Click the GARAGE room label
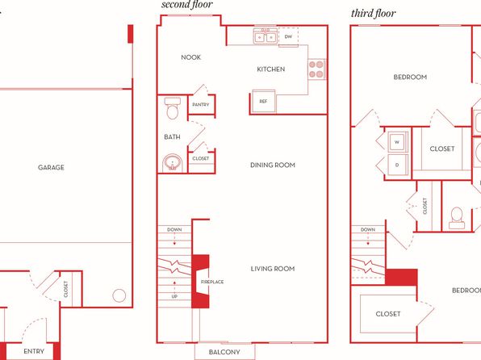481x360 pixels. (51, 168)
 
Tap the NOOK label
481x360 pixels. (190, 57)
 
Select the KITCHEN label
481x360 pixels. (271, 69)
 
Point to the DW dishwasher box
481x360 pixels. (288, 37)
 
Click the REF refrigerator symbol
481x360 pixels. (264, 101)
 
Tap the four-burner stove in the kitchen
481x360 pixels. (316, 69)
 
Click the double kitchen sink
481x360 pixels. (266, 36)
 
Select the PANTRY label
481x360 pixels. (201, 105)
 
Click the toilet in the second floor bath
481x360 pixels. (173, 108)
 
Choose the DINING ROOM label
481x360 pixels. (273, 165)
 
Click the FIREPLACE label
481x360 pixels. (212, 282)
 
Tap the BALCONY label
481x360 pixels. (224, 352)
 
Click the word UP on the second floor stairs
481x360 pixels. (174, 296)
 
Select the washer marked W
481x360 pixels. (398, 142)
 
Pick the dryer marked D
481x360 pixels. (398, 165)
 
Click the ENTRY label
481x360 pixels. (34, 351)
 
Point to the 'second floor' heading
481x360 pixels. (186, 5)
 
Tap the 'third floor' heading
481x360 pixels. (374, 14)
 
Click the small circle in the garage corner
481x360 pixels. (119, 295)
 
